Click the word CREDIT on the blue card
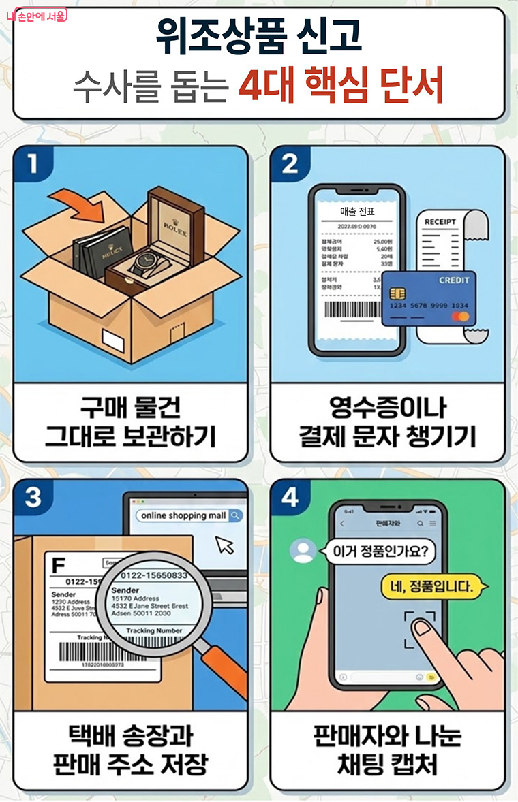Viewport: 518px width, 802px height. pos(453,280)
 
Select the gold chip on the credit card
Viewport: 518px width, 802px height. pos(397,293)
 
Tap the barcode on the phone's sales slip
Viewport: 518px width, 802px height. pos(354,310)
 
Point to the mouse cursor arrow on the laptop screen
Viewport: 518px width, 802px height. pos(224,545)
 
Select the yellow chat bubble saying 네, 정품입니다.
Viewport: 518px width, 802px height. pos(426,584)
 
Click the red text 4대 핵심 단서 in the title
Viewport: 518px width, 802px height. pos(341,89)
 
